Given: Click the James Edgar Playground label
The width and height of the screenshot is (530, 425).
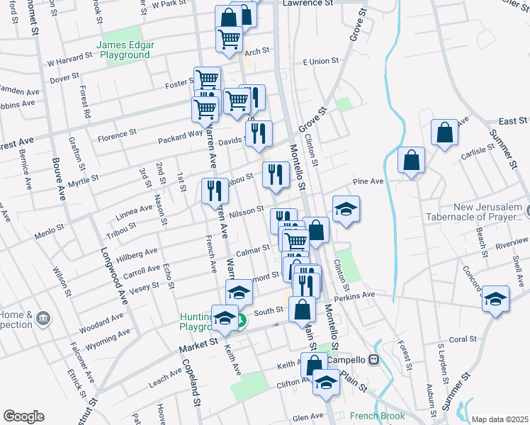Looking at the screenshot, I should point(125,49).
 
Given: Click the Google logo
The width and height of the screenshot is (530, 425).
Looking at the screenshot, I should point(23,416).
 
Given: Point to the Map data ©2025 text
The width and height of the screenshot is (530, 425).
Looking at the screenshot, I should point(500,419).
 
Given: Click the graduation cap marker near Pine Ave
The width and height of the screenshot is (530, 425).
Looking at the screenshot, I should point(346,210).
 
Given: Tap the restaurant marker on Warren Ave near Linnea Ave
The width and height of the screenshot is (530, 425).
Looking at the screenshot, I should point(213,191).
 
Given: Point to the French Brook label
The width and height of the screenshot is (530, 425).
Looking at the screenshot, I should point(377,416).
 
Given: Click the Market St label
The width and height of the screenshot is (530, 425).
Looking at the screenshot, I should point(198,343).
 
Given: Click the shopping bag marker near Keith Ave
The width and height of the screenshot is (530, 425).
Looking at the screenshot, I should point(314,365).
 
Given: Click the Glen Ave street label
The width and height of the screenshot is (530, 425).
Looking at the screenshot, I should point(308,416).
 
